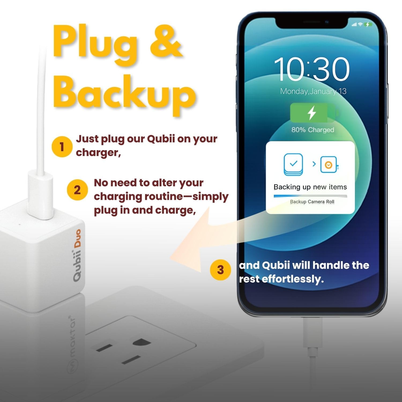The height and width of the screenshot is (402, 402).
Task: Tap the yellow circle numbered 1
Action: tap(62, 147)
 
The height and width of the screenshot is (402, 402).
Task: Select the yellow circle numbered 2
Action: tap(77, 190)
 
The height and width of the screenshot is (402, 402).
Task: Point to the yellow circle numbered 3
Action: tap(220, 270)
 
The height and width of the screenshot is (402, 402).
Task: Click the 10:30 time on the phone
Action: tap(311, 69)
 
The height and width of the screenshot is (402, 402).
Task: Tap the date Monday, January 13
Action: tap(313, 91)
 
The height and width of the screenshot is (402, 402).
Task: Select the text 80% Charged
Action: tap(313, 130)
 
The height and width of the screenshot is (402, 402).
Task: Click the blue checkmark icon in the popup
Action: tap(293, 164)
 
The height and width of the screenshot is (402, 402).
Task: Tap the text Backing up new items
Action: tap(310, 187)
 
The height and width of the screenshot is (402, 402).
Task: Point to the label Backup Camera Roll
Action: tap(312, 202)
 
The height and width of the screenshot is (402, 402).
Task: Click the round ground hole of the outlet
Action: tap(142, 343)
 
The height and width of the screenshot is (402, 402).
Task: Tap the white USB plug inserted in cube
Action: tap(40, 196)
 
